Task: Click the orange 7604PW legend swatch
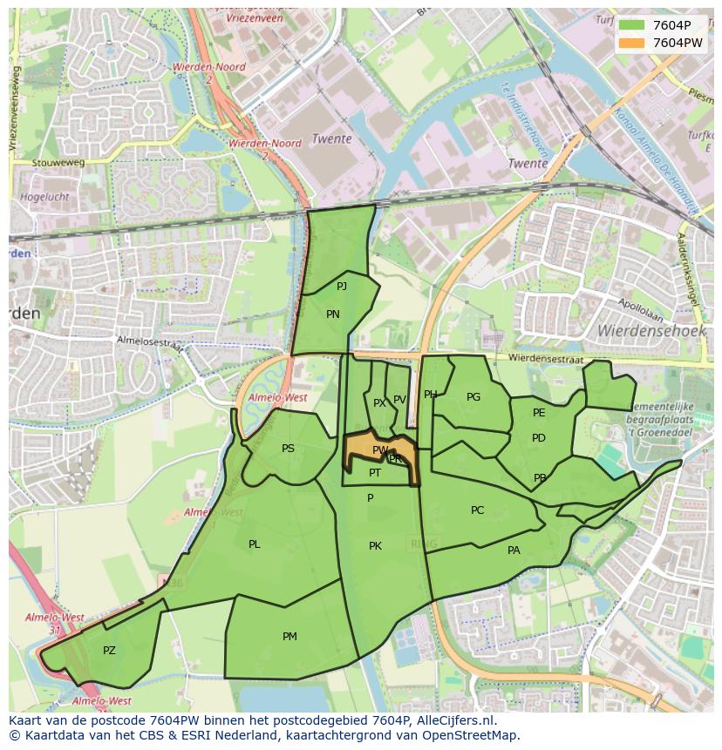pyautogui.click(x=632, y=43)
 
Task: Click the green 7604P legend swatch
pyautogui.click(x=632, y=26)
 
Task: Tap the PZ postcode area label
pyautogui.click(x=109, y=651)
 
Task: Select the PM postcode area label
pyautogui.click(x=289, y=637)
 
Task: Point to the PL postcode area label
pyautogui.click(x=254, y=544)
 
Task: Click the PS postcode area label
pyautogui.click(x=288, y=449)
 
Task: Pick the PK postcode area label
pyautogui.click(x=375, y=546)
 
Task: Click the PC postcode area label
pyautogui.click(x=477, y=510)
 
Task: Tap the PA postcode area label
pyautogui.click(x=514, y=551)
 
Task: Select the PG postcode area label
pyautogui.click(x=473, y=397)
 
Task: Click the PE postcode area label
pyautogui.click(x=539, y=413)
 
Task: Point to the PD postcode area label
pyautogui.click(x=539, y=438)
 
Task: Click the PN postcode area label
pyautogui.click(x=332, y=314)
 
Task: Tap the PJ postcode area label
pyautogui.click(x=342, y=286)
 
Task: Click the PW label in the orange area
pyautogui.click(x=379, y=450)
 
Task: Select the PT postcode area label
pyautogui.click(x=375, y=473)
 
